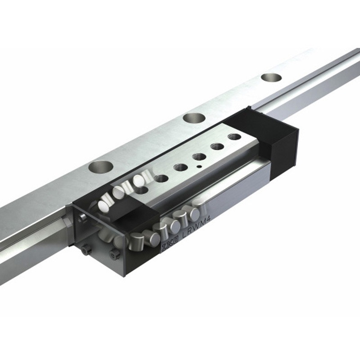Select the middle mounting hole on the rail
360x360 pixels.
(x=194, y=118)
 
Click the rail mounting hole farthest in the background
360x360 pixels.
(x=271, y=77)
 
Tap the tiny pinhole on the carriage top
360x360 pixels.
(x=198, y=166)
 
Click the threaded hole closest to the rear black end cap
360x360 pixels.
(x=234, y=136)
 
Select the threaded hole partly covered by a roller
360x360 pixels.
(x=141, y=189)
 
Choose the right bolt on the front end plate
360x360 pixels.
(x=114, y=254)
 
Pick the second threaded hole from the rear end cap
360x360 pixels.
(x=217, y=147)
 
